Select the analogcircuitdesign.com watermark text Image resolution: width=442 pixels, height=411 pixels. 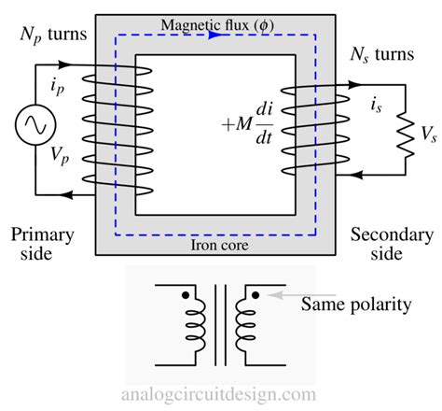220,395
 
